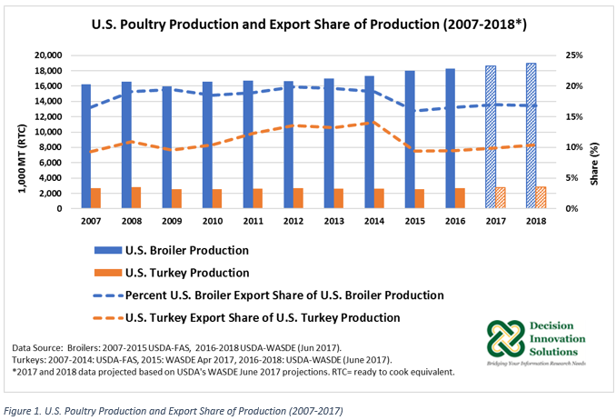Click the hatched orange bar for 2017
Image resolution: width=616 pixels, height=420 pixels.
502,198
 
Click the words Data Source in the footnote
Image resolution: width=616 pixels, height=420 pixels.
41,348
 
